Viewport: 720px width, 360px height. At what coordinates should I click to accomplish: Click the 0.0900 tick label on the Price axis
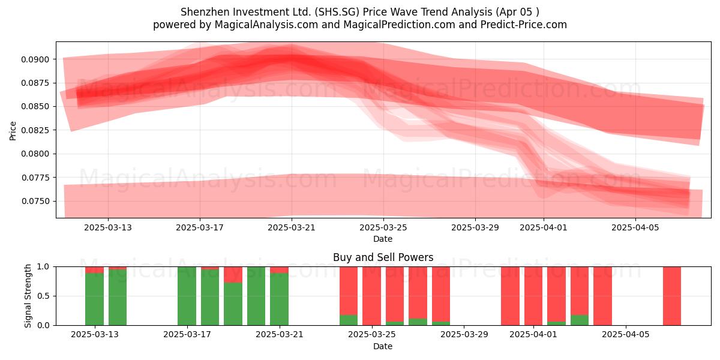[35, 59]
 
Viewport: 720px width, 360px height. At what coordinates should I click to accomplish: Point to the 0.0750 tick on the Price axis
[35, 201]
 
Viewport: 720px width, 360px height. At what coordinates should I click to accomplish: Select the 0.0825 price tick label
[35, 130]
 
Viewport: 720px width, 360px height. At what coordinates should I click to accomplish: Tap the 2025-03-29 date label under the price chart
[475, 227]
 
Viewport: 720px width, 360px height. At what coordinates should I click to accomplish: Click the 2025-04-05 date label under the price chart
[635, 227]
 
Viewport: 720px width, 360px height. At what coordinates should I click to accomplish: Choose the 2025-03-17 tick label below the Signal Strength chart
[187, 334]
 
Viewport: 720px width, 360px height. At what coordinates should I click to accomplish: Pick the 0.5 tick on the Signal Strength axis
[43, 296]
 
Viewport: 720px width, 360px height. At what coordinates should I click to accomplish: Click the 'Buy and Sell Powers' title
[383, 257]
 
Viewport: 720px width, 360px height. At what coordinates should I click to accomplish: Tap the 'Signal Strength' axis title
[28, 296]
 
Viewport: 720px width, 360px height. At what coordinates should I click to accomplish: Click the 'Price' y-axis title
[13, 131]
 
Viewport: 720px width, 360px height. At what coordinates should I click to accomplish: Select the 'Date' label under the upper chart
[383, 239]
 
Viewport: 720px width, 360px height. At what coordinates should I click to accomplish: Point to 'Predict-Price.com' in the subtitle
[524, 25]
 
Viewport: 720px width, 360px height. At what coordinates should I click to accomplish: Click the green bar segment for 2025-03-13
[95, 299]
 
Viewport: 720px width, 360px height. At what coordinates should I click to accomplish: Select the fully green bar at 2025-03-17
[187, 296]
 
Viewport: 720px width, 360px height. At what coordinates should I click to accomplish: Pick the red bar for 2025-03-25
[371, 296]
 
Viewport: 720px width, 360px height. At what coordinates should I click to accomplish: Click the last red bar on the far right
[672, 296]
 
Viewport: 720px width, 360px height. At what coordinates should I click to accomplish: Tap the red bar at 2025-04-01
[533, 296]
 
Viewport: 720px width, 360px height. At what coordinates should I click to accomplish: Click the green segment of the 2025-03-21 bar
[279, 299]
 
